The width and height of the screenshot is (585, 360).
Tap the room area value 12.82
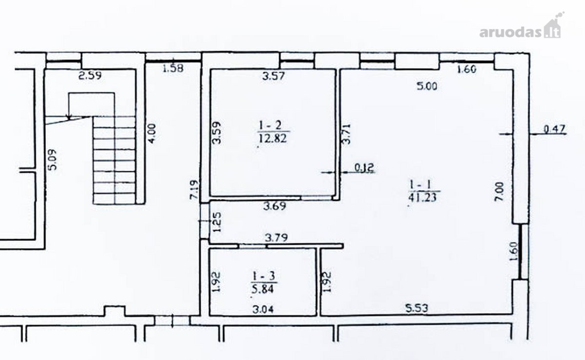[273, 139]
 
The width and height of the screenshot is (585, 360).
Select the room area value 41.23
[422, 198]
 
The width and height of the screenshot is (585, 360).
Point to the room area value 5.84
[262, 289]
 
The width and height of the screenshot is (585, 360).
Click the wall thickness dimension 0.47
[554, 129]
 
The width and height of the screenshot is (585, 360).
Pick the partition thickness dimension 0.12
[364, 167]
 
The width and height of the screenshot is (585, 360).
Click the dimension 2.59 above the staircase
[90, 76]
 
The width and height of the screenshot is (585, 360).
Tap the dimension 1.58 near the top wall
[173, 68]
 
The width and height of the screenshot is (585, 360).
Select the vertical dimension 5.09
[53, 160]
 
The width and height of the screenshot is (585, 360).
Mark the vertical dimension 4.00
[152, 133]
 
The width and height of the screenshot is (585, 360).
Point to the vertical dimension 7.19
[195, 189]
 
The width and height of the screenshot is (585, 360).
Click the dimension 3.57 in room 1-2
[273, 76]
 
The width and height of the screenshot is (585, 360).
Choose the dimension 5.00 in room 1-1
[427, 86]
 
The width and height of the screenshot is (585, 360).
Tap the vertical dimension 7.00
[499, 192]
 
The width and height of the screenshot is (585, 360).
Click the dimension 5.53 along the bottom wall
[417, 308]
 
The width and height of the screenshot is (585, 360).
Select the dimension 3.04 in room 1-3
[263, 310]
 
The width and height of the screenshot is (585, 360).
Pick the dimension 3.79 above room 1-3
[276, 238]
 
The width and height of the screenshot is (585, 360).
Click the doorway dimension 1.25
[217, 222]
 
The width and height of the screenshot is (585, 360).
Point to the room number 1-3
[264, 276]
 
